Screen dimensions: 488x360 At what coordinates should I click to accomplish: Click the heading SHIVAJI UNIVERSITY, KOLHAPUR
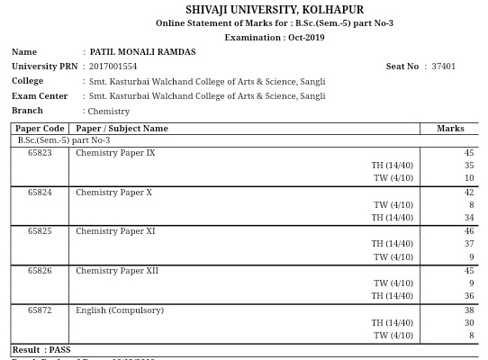[x=275, y=10]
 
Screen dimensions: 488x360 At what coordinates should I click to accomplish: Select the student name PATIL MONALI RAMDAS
[x=142, y=52]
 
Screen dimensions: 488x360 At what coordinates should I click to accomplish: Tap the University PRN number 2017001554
[x=113, y=67]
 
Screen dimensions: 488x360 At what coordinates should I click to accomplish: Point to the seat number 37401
[x=443, y=67]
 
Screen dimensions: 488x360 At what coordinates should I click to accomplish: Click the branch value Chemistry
[x=109, y=112]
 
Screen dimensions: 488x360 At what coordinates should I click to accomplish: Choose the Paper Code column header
[x=40, y=129]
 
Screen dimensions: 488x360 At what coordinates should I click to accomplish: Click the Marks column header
[x=450, y=129]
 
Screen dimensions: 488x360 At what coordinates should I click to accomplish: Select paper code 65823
[x=40, y=153]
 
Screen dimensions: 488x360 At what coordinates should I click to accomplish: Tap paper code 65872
[x=40, y=310]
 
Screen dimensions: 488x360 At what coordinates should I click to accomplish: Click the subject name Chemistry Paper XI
[x=115, y=231]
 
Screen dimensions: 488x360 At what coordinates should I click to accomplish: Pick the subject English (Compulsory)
[x=120, y=310]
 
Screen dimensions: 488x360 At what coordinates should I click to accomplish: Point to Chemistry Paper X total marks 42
[x=469, y=193]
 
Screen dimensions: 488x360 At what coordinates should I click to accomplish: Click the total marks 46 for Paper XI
[x=469, y=231]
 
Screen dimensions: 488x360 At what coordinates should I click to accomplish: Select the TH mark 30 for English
[x=469, y=323]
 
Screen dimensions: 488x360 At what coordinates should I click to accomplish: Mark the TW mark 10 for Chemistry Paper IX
[x=469, y=178]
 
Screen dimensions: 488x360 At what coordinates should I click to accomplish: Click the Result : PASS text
[x=41, y=350]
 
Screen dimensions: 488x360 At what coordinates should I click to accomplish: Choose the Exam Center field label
[x=40, y=96]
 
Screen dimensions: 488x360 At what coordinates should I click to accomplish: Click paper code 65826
[x=40, y=271]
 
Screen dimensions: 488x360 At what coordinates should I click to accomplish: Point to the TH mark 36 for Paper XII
[x=469, y=296]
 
